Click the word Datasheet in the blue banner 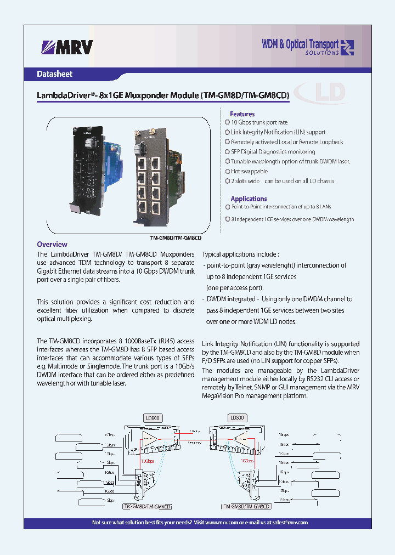coord(54,74)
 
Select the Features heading coord(242,114)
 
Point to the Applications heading coord(249,199)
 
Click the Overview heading coord(52,244)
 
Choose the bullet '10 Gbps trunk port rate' coord(259,122)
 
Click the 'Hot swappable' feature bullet coord(249,171)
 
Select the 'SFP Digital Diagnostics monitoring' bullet coord(273,151)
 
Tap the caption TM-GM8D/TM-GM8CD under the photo coord(176,238)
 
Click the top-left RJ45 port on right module coord(142,163)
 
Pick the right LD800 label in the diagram coord(238,417)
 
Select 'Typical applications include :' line coord(241,254)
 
